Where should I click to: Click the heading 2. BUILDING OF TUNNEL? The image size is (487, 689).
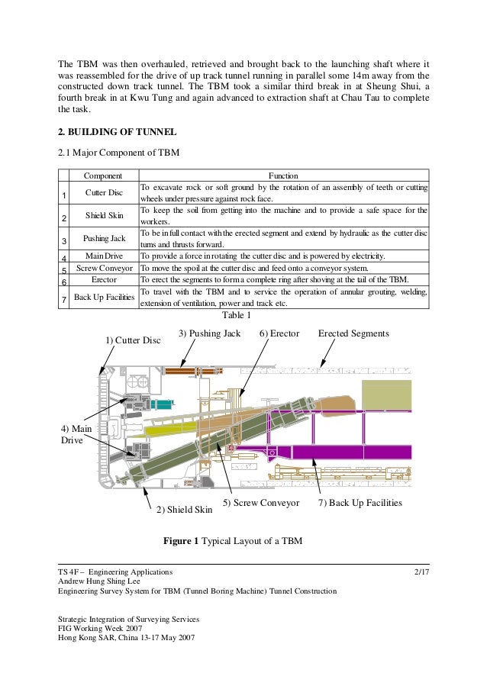pos(118,132)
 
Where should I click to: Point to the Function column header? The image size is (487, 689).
pos(283,175)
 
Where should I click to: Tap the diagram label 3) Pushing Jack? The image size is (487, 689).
pos(210,333)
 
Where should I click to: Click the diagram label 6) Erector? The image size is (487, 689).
pos(279,333)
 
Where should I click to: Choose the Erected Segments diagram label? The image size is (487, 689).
pos(353,333)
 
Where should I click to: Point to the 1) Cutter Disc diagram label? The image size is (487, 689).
pos(133,340)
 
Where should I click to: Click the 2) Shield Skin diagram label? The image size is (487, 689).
pos(184,509)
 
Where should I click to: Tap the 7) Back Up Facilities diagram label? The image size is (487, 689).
pos(360,504)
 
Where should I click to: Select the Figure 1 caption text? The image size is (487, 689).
pos(233,542)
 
